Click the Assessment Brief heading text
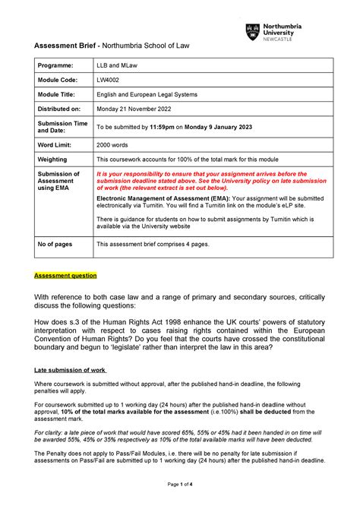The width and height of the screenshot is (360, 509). tap(60, 48)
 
